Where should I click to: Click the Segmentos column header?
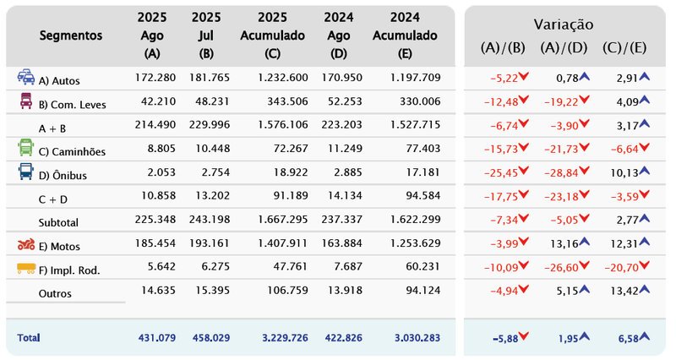tap(71, 35)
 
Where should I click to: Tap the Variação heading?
tap(563, 25)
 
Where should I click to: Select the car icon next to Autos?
tap(26, 78)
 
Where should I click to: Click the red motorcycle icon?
tap(26, 245)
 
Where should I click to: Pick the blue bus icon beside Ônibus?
tap(26, 172)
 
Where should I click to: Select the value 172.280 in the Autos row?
tap(155, 78)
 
